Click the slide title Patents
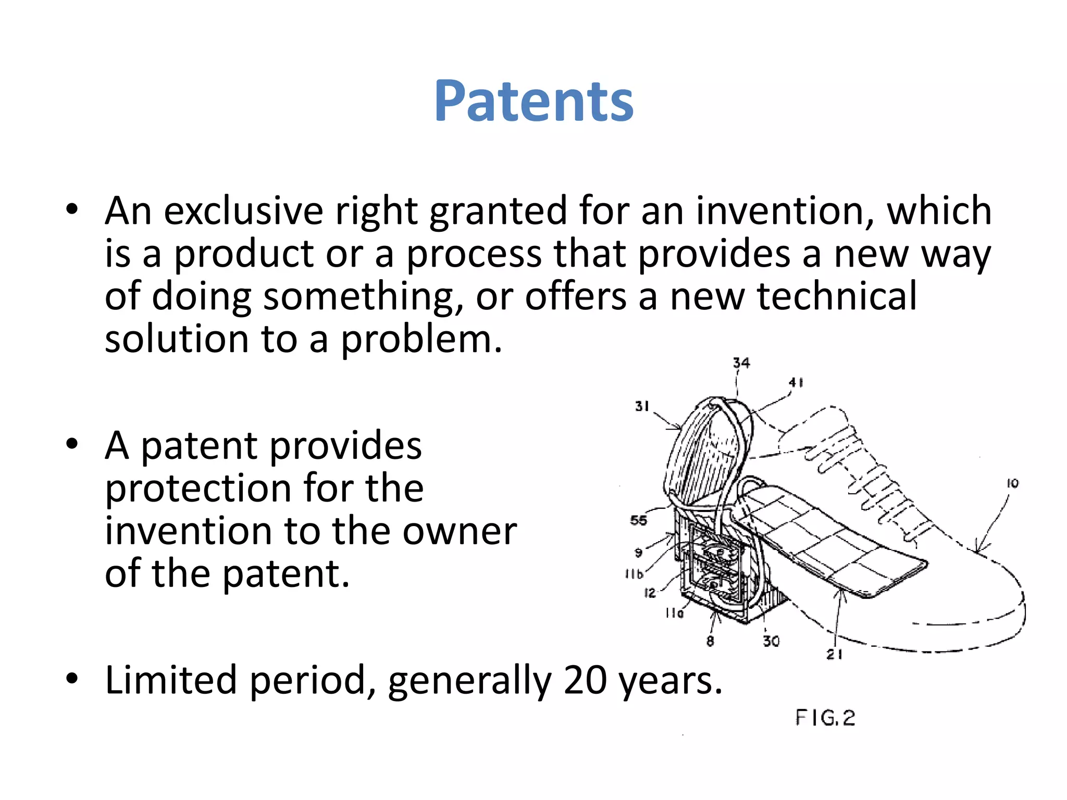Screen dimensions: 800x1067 pos(533,101)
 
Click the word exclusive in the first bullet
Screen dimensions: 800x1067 pos(243,211)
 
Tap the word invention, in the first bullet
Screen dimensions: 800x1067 pos(785,211)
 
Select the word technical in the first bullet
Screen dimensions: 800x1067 pos(836,296)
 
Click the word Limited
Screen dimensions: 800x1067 pos(171,680)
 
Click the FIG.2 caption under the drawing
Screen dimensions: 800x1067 pos(825,718)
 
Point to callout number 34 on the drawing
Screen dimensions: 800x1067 pos(741,363)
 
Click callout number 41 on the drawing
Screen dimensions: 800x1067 pos(796,383)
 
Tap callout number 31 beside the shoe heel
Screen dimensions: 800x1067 pos(642,406)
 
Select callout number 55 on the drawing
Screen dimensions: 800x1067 pos(638,520)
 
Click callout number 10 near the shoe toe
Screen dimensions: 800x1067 pos(1012,484)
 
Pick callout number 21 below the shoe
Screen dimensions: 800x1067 pos(835,655)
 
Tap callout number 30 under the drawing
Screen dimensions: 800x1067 pos(771,641)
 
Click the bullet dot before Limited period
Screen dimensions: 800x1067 pos(72,679)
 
